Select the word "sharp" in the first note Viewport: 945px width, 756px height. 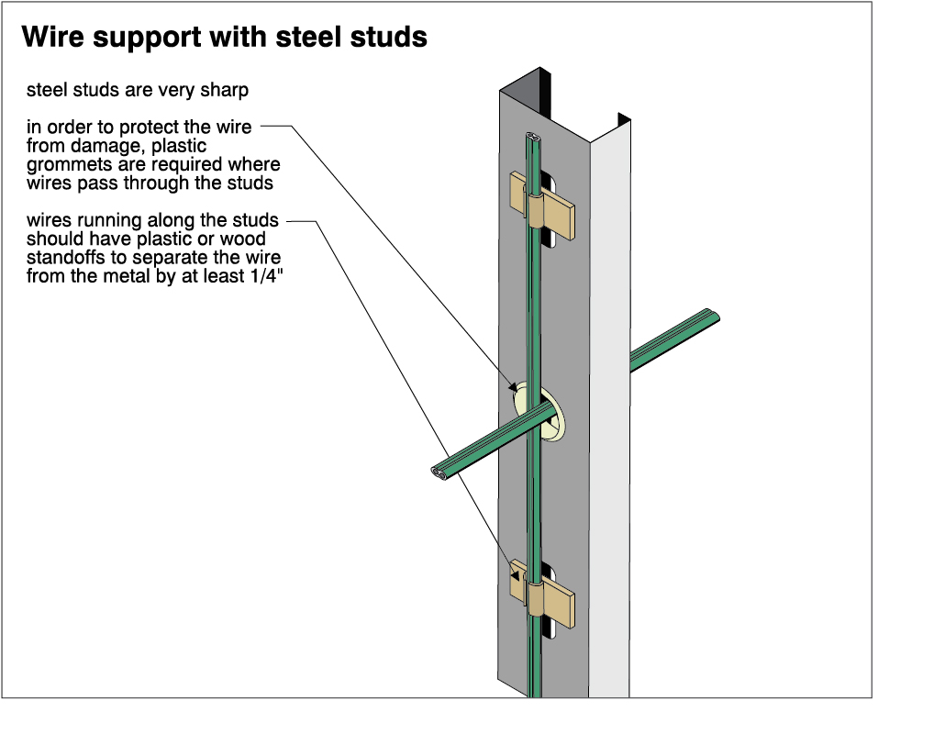pyautogui.click(x=226, y=91)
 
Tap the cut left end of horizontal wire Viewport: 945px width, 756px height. pyautogui.click(x=438, y=473)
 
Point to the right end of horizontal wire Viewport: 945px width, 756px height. pyautogui.click(x=714, y=317)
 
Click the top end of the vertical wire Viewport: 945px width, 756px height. pyautogui.click(x=533, y=139)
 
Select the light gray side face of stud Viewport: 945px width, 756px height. pyautogui.click(x=609, y=413)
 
